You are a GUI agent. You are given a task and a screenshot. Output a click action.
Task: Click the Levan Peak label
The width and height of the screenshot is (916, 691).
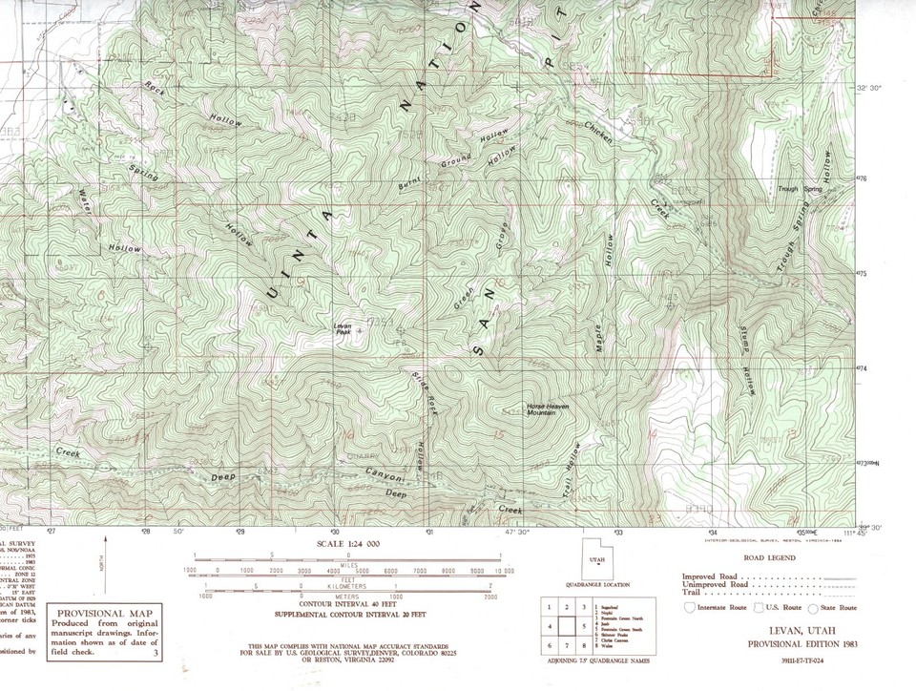343,328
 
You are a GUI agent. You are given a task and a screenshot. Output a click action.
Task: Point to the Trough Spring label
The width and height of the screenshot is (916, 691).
800,188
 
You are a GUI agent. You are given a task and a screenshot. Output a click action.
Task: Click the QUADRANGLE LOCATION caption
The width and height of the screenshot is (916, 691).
596,584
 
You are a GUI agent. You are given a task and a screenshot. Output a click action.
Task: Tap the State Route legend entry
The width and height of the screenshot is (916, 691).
837,608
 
